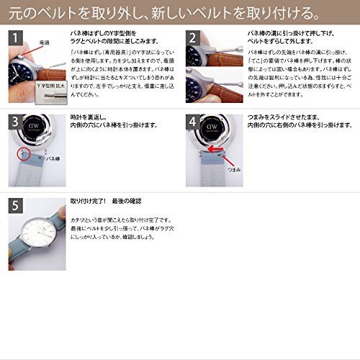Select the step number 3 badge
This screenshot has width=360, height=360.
click(16, 123)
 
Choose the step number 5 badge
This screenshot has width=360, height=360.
click(16, 207)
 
